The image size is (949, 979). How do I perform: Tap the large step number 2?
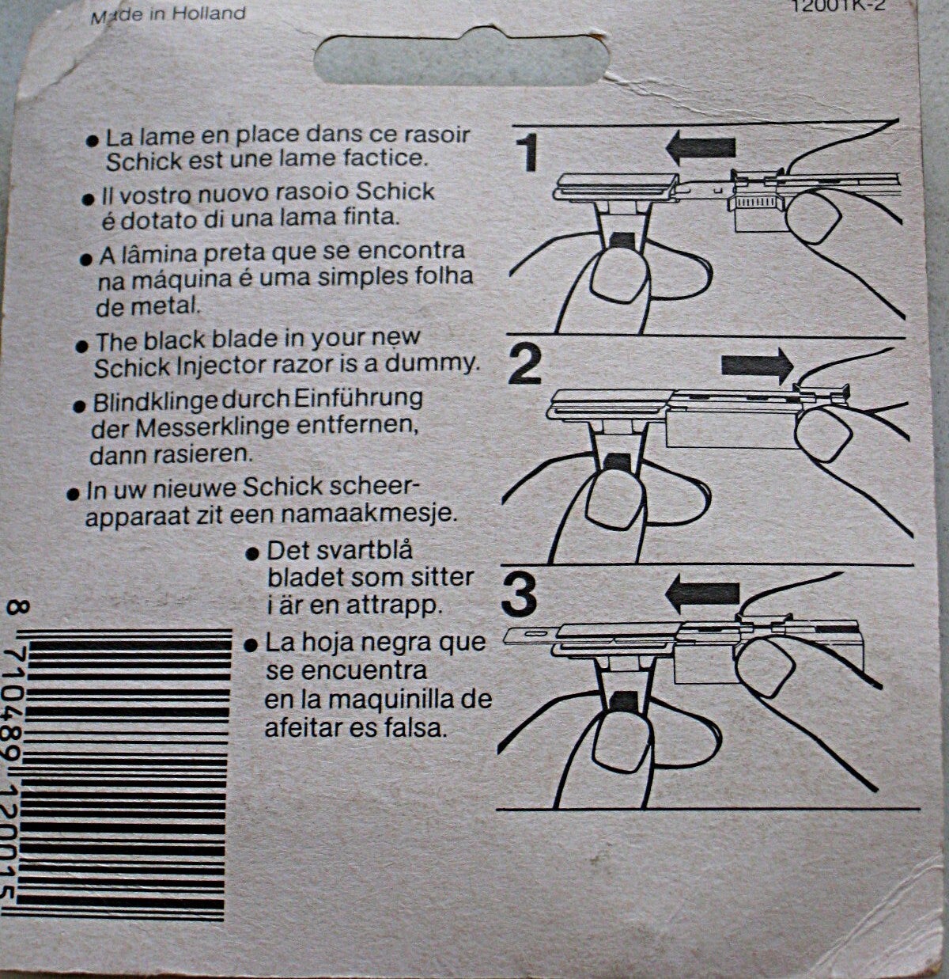[525, 365]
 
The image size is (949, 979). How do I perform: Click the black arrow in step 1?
[700, 149]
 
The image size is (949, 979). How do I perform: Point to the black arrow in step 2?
[757, 365]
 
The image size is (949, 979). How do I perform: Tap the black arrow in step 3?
[701, 594]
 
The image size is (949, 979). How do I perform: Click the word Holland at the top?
[209, 13]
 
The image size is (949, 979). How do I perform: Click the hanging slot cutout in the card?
[461, 59]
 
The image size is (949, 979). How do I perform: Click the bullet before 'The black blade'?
[81, 347]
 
